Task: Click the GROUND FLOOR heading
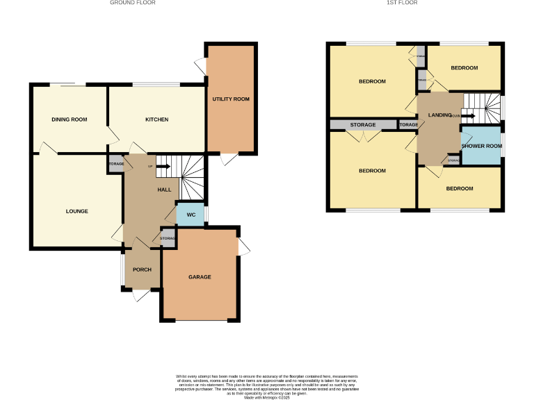[x=132, y=3]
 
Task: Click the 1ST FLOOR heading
[x=402, y=3]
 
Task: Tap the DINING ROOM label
[x=70, y=119]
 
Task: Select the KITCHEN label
[x=156, y=119]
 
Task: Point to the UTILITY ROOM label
[x=231, y=99]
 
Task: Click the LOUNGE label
[x=76, y=211]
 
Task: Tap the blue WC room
[x=190, y=214]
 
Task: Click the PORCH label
[x=142, y=269]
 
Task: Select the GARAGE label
[x=199, y=277]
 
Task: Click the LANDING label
[x=439, y=115]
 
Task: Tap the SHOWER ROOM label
[x=481, y=146]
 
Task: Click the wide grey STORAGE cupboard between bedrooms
[x=363, y=125]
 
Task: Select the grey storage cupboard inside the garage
[x=168, y=238]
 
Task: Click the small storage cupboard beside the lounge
[x=115, y=165]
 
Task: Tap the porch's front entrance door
[x=141, y=294]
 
